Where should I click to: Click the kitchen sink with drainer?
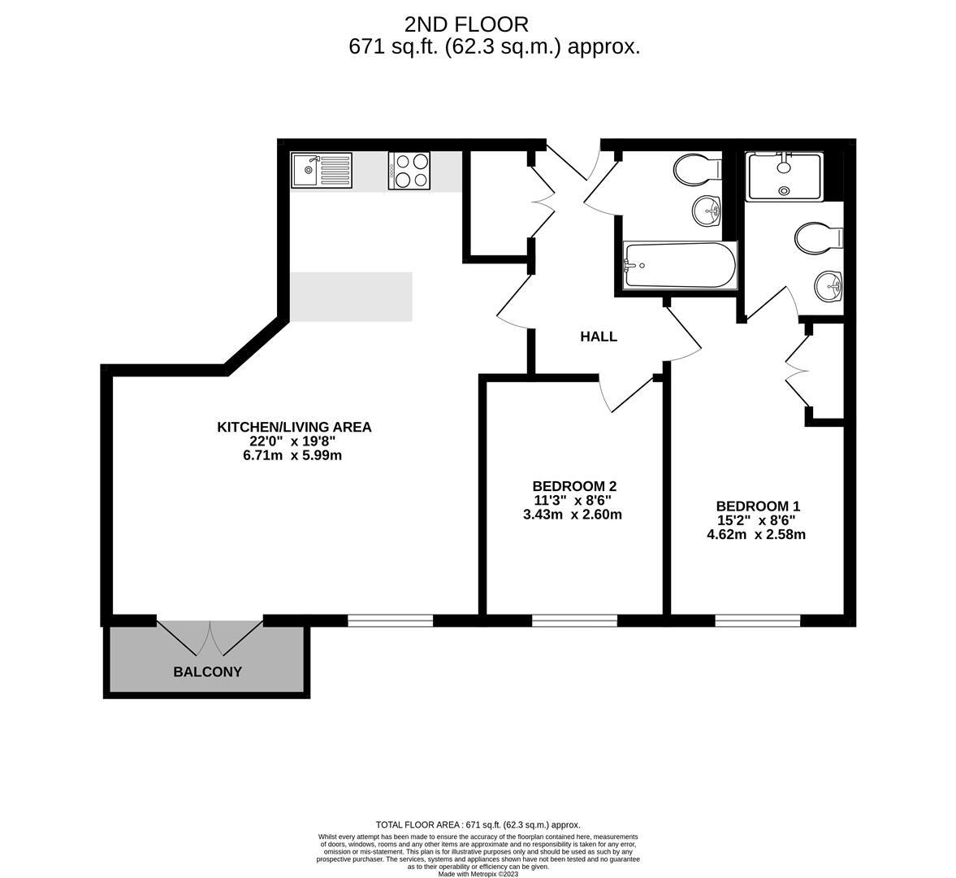pos(322,170)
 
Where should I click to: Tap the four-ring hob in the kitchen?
pos(409,170)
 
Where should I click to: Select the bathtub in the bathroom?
pos(679,265)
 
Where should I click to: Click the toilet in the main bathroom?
pos(698,169)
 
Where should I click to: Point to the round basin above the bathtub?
pos(707,211)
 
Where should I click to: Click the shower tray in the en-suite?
pos(785,176)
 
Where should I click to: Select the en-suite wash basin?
pos(829,285)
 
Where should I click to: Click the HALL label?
pos(598,337)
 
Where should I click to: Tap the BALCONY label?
pos(207,672)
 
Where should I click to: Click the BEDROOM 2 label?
pos(574,486)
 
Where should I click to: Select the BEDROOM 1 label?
pos(758,506)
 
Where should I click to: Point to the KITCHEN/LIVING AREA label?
pos(294,427)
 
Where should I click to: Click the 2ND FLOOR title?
pos(466,24)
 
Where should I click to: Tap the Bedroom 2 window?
pos(574,620)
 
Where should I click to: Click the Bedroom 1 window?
pos(757,620)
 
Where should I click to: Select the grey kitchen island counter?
pos(351,297)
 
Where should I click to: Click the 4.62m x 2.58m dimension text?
pos(756,535)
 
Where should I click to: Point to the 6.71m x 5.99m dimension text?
pos(292,455)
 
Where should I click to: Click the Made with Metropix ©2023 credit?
pos(478,874)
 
